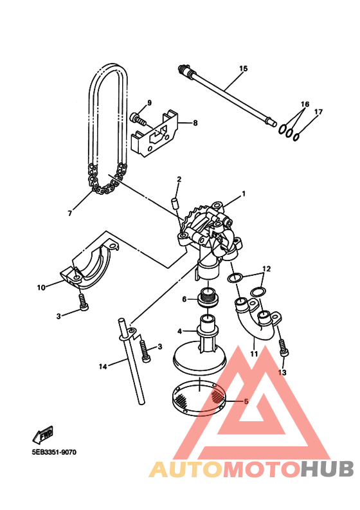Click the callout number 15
[243, 68]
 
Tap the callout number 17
[318, 112]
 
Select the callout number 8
[195, 123]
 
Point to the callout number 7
[69, 214]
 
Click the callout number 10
[41, 287]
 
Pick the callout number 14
[103, 367]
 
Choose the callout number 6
[184, 299]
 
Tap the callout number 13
[282, 372]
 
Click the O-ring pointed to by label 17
[296, 137]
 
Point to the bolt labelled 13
[284, 348]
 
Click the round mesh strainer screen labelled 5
[198, 397]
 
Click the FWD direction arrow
[42, 435]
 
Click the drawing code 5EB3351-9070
[54, 452]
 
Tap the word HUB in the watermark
[327, 469]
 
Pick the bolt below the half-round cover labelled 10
[84, 302]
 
